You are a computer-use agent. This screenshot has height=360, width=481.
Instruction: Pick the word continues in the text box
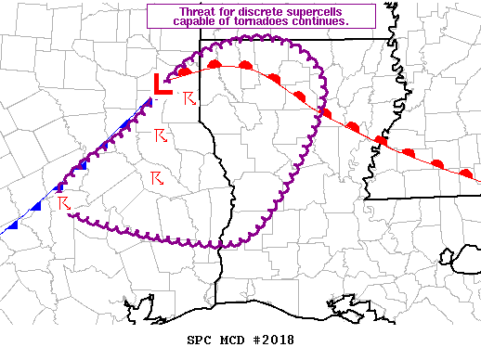coord(321,21)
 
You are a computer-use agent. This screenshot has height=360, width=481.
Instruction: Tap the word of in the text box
coord(223,21)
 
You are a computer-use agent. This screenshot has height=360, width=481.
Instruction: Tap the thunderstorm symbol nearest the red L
coord(189,97)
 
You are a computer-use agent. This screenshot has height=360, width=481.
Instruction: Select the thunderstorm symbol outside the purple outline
coord(64,201)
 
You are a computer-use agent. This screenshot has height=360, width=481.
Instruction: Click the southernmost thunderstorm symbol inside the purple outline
coord(157,177)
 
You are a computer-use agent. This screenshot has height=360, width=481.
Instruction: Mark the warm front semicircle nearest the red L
coord(185,70)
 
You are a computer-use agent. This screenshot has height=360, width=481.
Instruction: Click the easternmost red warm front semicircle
coord(466,173)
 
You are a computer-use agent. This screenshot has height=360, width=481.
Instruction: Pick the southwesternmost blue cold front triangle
coord(12,223)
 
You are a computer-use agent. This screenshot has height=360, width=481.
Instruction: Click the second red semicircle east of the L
coord(214,63)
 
